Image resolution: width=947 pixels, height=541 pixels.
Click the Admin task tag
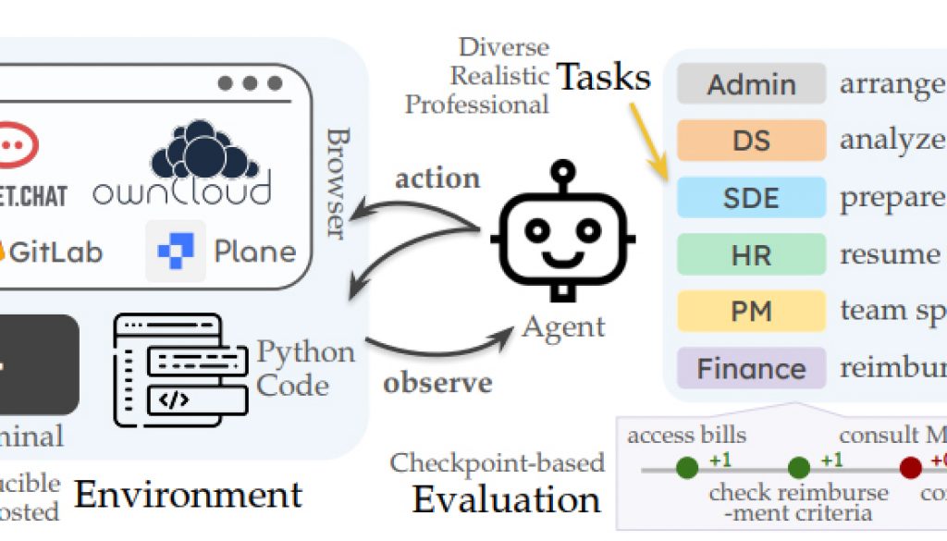pos(751,84)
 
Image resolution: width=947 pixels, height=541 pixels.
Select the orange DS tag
pos(751,141)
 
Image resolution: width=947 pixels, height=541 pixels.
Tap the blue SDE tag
pos(751,198)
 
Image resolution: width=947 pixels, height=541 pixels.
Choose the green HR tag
pos(751,254)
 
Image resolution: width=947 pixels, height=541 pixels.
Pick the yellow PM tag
pos(751,311)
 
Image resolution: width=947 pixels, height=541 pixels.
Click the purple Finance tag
pos(751,368)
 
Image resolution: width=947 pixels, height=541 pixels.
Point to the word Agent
pos(563,326)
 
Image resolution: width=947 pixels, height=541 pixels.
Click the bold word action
pos(437,178)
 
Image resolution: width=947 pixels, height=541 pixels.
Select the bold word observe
pos(437,382)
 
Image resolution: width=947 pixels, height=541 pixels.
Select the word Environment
pos(188,496)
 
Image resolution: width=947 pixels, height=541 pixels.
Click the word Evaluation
pos(507,499)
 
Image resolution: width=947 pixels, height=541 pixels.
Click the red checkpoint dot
pos(911,467)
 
